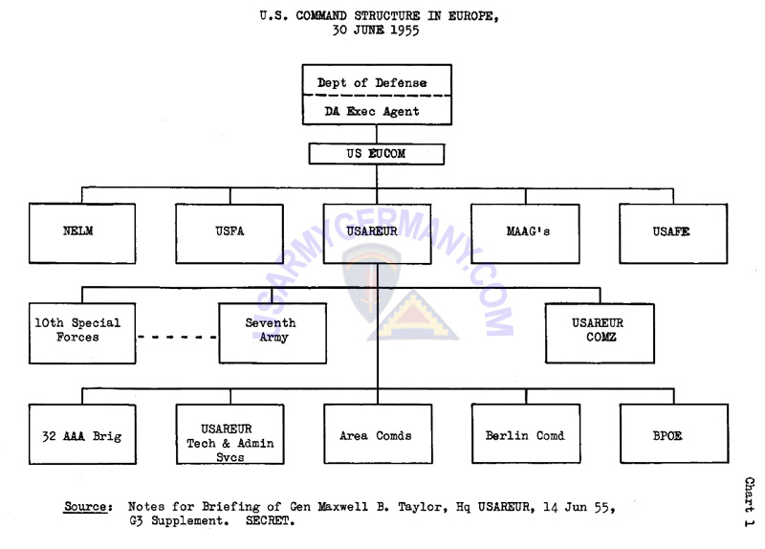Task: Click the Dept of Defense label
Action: point(372,83)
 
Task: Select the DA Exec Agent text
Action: point(372,112)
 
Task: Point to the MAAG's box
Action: point(524,232)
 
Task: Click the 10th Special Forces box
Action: point(81,332)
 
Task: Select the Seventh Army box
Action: point(273,332)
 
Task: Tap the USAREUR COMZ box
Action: point(599,332)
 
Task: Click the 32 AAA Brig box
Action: point(81,435)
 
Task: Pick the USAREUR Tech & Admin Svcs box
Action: point(229,443)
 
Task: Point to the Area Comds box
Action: point(376,435)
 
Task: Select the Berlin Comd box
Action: point(524,435)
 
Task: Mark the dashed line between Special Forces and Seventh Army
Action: point(177,338)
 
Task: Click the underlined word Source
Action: point(85,507)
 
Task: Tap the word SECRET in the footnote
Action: point(273,522)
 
